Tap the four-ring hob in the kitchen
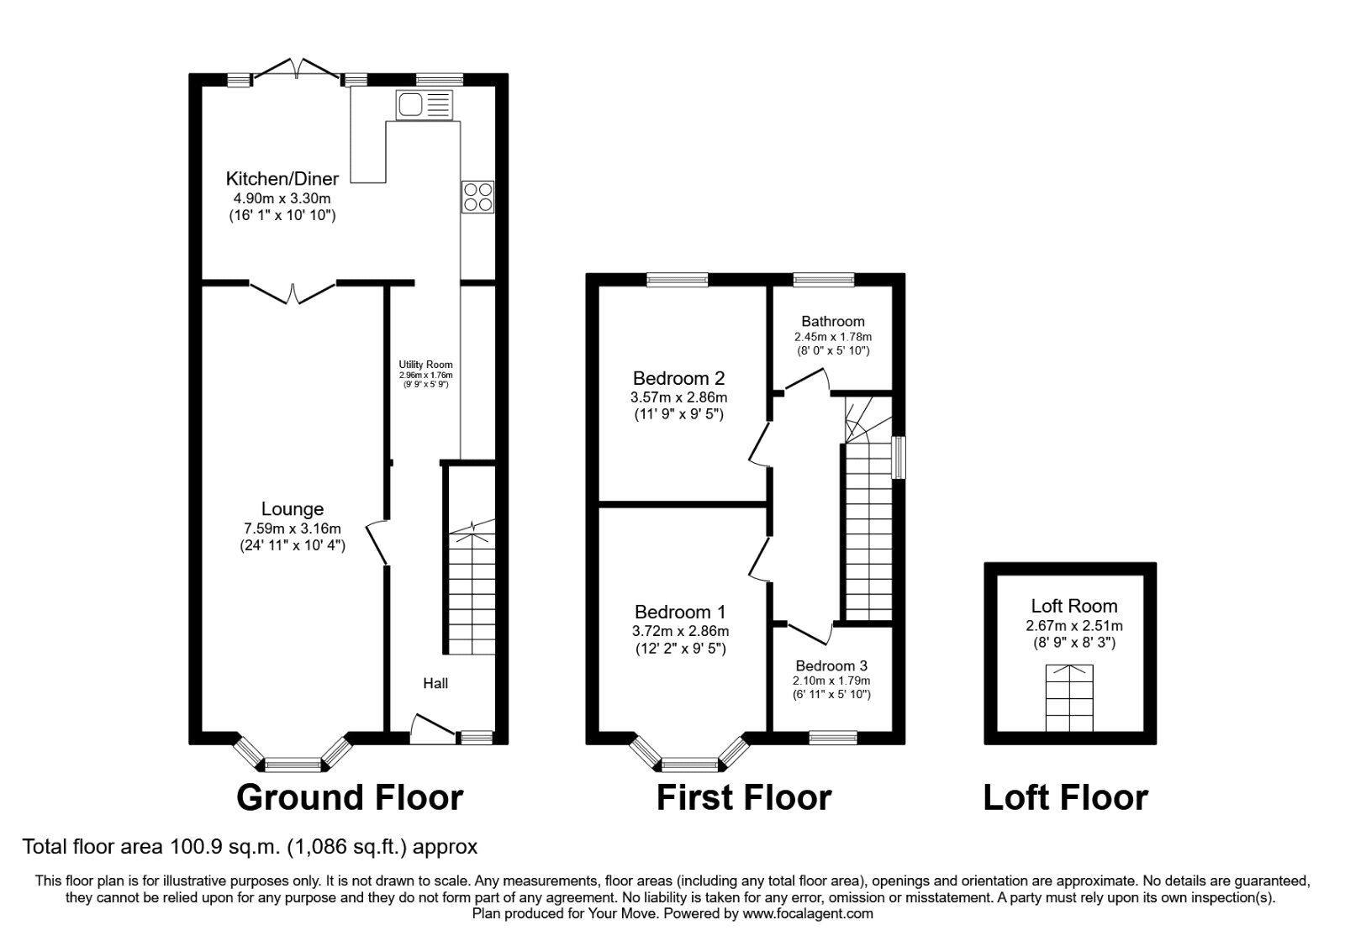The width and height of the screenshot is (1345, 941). click(477, 197)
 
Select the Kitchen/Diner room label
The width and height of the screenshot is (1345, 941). click(282, 178)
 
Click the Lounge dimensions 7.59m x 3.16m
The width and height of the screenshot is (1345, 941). click(293, 528)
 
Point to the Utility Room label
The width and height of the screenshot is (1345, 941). click(425, 365)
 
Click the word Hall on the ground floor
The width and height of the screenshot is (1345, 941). click(435, 683)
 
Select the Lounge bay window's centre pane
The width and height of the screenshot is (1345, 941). click(293, 764)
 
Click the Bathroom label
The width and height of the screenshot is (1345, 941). click(832, 321)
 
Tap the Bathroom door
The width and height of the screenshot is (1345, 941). click(805, 382)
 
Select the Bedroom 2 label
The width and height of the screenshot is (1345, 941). click(679, 378)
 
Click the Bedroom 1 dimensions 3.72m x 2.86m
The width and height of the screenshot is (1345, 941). click(680, 631)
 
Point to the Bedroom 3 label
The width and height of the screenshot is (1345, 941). click(831, 665)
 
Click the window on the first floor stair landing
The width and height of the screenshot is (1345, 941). click(899, 457)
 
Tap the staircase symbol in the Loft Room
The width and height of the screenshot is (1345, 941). click(1069, 698)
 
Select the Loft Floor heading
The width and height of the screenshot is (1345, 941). click(1065, 797)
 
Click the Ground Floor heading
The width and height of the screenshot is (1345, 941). click(350, 797)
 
